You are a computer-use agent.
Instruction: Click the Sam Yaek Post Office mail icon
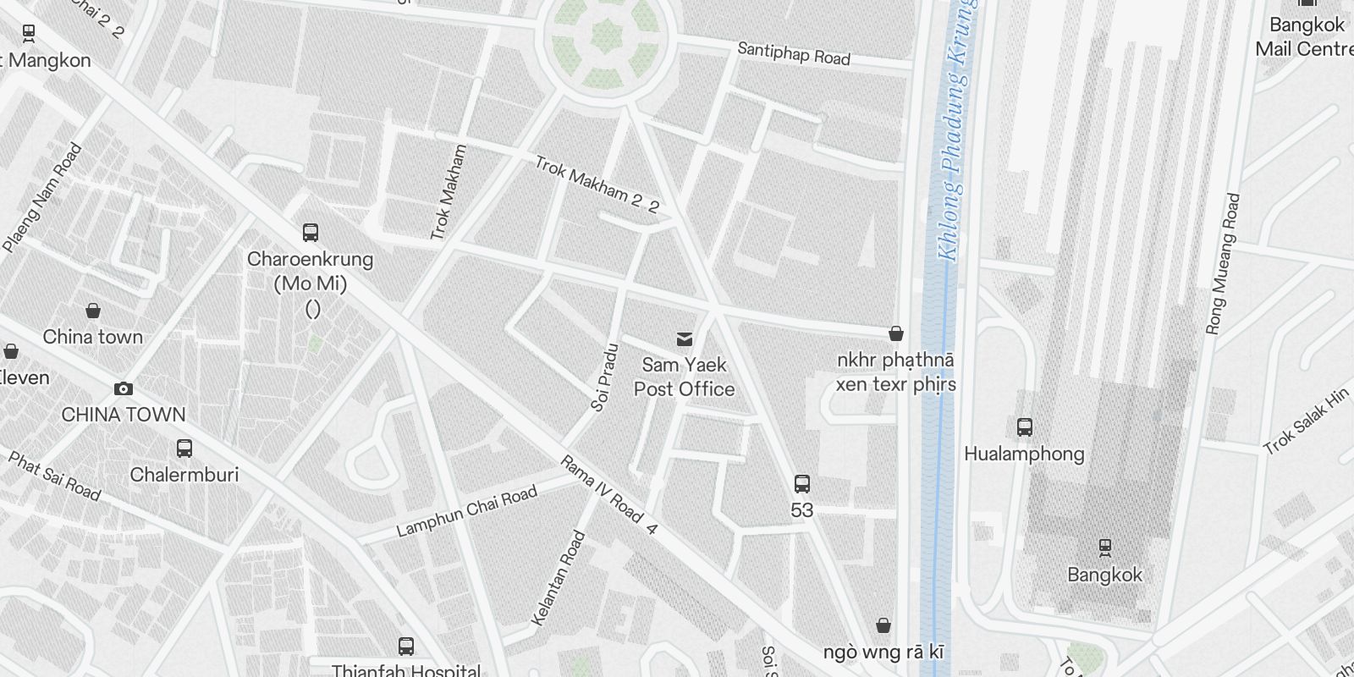click(x=685, y=339)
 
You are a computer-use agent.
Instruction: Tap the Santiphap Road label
click(x=793, y=53)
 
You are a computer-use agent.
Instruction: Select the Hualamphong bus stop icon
click(x=1025, y=427)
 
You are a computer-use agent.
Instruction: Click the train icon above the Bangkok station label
click(x=1104, y=548)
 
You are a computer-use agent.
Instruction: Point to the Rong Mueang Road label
click(x=1223, y=264)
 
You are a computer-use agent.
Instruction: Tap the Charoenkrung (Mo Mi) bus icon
click(x=311, y=233)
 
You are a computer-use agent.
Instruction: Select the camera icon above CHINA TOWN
click(x=124, y=388)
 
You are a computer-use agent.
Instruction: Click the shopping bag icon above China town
click(x=93, y=311)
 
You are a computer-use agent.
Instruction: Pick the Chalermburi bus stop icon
click(x=184, y=449)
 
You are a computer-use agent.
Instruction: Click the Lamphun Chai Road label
click(x=466, y=512)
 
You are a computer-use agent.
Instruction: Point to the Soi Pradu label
click(x=604, y=377)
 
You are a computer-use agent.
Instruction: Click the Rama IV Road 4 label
click(x=608, y=495)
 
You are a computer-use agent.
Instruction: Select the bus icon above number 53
click(x=802, y=484)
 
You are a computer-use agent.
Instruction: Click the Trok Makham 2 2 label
click(x=597, y=184)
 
